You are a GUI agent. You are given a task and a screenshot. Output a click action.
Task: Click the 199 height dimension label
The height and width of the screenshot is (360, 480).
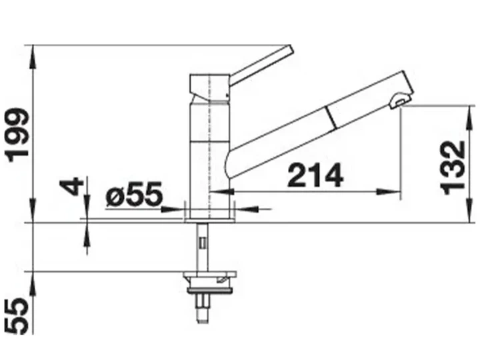coord(19,135)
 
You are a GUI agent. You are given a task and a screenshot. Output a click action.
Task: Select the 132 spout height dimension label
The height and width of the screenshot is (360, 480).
coord(453,168)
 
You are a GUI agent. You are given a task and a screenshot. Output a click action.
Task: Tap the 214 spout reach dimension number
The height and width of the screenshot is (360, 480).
coord(315,175)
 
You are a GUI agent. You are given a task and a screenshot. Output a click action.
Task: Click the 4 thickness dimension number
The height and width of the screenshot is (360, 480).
coord(71,187)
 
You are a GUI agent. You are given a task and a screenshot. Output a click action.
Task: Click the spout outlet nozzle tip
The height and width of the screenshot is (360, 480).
coord(399,101)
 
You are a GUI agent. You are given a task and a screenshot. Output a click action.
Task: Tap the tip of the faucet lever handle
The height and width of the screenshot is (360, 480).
coord(290,49)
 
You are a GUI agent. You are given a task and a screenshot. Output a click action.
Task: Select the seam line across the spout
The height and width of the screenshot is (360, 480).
coord(331,117)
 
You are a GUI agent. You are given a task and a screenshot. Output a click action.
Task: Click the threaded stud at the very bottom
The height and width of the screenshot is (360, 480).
coord(203,309)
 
